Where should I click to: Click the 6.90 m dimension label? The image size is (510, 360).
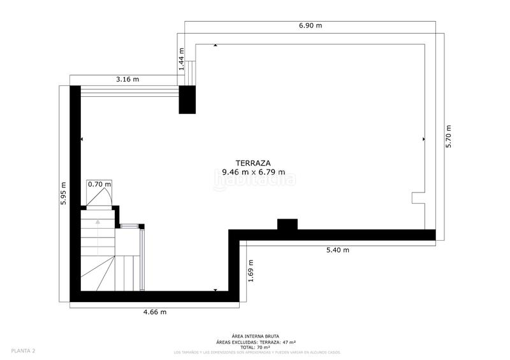tap(310, 25)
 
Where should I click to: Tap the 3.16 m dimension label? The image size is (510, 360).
tap(127, 80)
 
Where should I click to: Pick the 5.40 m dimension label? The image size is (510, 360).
tap(337, 250)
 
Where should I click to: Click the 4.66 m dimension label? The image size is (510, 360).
tap(154, 312)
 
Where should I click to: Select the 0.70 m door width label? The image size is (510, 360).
tap(99, 184)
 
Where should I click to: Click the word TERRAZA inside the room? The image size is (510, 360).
tap(254, 162)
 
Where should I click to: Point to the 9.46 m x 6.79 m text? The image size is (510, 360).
tap(253, 172)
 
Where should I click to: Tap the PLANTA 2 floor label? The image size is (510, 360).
tap(23, 351)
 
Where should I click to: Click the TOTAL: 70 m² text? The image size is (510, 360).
tap(254, 347)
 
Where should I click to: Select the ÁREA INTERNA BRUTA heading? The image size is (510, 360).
tap(254, 337)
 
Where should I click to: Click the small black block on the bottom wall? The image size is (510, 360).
tap(287, 224)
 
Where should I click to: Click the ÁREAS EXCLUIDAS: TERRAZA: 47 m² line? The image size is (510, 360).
tap(254, 342)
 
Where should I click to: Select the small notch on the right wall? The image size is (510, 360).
tap(418, 198)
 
